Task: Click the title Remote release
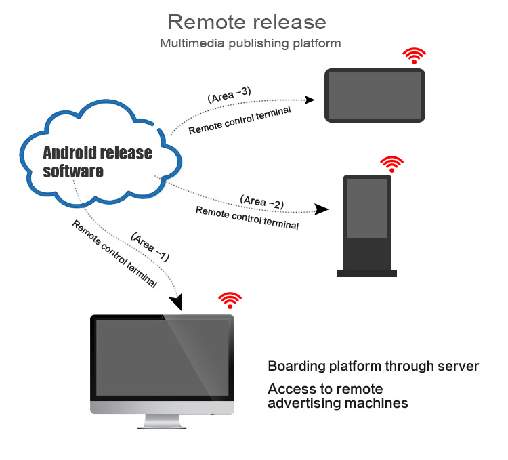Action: click(x=247, y=22)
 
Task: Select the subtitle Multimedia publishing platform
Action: click(x=250, y=43)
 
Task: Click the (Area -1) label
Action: click(x=150, y=248)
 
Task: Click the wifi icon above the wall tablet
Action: click(x=415, y=56)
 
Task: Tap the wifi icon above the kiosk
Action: click(x=391, y=163)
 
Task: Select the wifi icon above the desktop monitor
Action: click(x=230, y=300)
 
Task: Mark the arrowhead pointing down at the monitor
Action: click(x=177, y=300)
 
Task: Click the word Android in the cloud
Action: click(x=70, y=152)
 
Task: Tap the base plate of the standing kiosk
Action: click(x=367, y=273)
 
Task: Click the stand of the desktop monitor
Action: click(x=163, y=422)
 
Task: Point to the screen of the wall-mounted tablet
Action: click(x=375, y=95)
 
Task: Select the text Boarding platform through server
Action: click(x=373, y=367)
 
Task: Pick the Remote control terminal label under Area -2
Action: click(x=247, y=217)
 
